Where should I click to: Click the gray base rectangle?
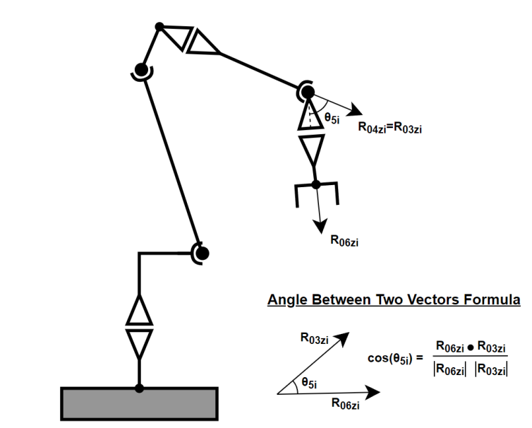coord(139,403)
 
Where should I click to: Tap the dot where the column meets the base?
coord(139,388)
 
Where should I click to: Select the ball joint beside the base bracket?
coord(201,252)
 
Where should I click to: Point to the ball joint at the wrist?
coord(308,92)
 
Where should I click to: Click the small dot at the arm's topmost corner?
coord(159,27)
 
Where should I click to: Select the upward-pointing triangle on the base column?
coord(139,311)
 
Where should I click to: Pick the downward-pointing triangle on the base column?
coord(139,341)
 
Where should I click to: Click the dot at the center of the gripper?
coord(316,184)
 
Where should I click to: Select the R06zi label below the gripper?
coord(345,240)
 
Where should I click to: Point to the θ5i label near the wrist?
coord(332,119)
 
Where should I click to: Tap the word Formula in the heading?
coord(494,300)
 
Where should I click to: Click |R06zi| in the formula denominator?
coord(449,370)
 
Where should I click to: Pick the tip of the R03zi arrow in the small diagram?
coord(347,334)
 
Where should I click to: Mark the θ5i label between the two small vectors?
coord(308,382)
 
